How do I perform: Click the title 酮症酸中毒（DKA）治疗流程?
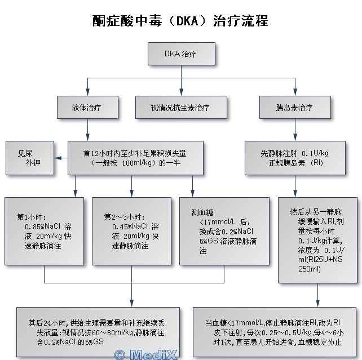coord(180,21)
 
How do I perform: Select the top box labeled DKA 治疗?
coord(180,55)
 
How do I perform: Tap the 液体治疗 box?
coord(87,107)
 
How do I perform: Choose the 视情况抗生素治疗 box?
coord(180,107)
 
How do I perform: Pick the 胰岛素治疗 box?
coord(294,107)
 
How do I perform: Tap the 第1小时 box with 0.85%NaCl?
coord(45,231)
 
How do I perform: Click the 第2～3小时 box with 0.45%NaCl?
coord(131,231)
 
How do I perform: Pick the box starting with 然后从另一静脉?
coord(317,240)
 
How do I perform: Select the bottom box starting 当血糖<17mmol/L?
coord(276,332)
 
